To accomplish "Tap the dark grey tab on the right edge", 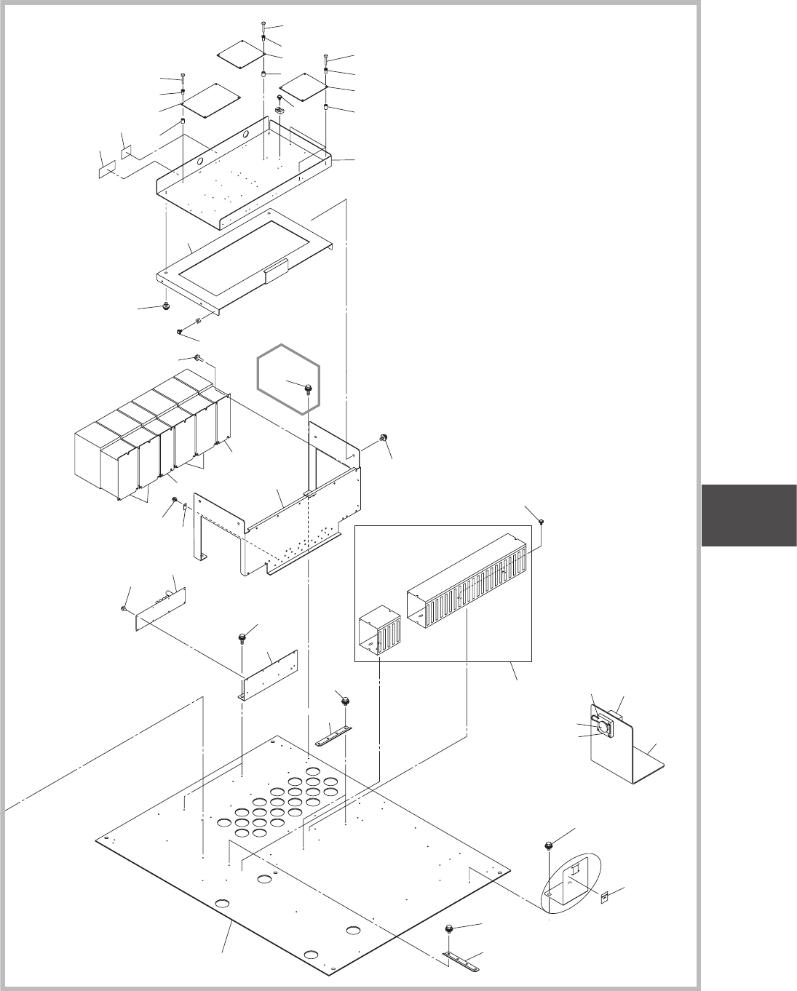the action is pyautogui.click(x=749, y=515).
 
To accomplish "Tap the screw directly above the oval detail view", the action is pyautogui.click(x=548, y=845).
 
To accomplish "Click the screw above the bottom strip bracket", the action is pyautogui.click(x=451, y=929).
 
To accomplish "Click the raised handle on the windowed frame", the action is pyautogui.click(x=276, y=273).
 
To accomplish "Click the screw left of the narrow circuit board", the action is pyautogui.click(x=124, y=607).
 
